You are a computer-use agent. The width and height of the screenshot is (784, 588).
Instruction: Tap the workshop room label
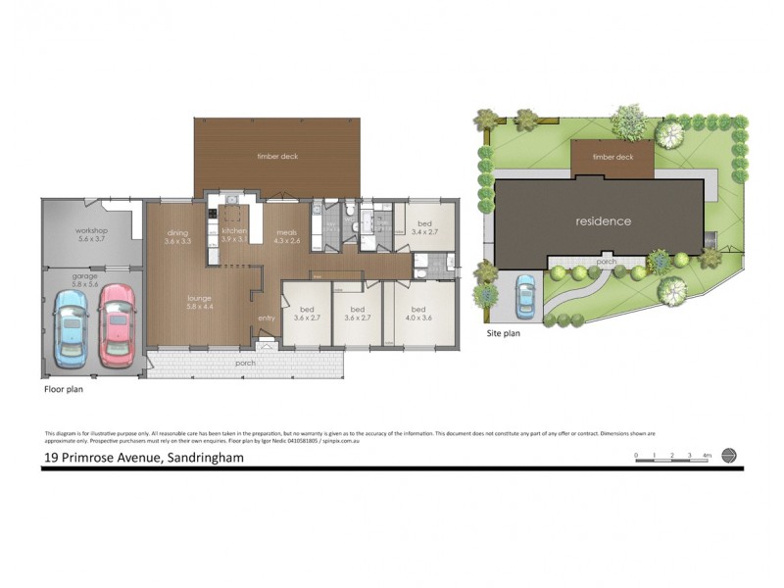click(x=91, y=235)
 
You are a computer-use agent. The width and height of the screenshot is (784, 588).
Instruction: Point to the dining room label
click(x=176, y=236)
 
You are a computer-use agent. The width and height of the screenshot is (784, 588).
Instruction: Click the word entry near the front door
click(x=267, y=318)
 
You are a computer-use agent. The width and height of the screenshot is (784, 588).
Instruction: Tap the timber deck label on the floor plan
click(x=277, y=156)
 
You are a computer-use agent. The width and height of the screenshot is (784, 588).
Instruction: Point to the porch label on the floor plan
click(x=244, y=364)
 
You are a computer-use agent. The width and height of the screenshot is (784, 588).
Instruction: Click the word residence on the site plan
click(x=603, y=221)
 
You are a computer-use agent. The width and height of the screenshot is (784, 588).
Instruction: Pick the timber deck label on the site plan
click(x=612, y=157)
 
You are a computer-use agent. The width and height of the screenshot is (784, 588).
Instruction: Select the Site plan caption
click(x=504, y=333)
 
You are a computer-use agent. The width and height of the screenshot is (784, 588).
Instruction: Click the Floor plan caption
click(x=66, y=389)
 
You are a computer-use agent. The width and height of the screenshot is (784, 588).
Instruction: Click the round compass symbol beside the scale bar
click(x=728, y=455)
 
